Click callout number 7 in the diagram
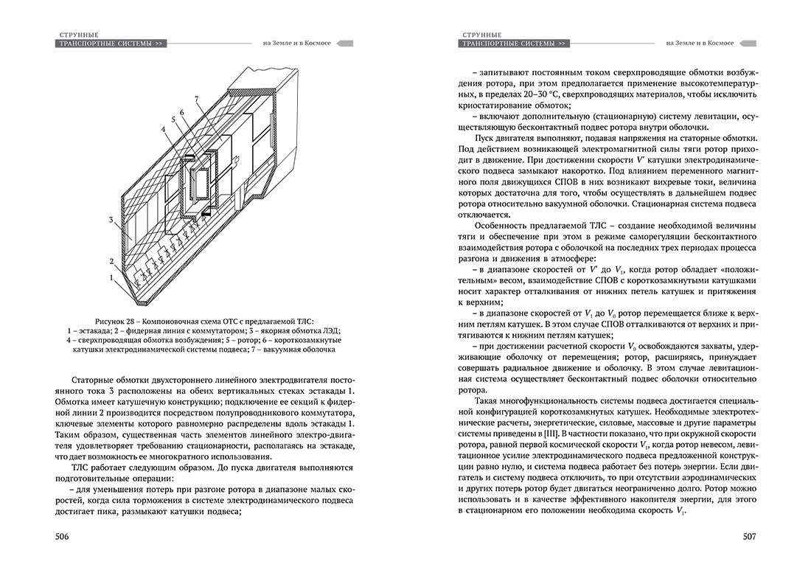(x=197, y=99)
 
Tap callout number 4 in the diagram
(x=165, y=129)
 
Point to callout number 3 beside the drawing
(x=111, y=220)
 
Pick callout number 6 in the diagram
(x=181, y=111)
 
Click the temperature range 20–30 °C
(x=529, y=96)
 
